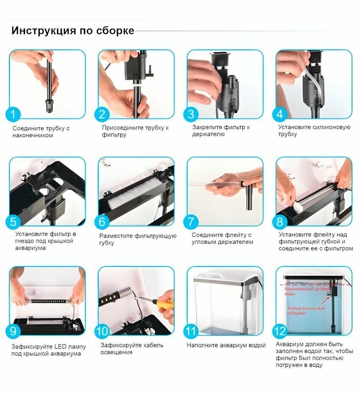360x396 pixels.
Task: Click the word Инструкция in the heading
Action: click(x=44, y=30)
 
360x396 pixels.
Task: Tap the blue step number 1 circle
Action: click(x=13, y=114)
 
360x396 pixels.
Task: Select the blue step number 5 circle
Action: click(x=13, y=222)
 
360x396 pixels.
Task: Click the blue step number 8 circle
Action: click(x=280, y=222)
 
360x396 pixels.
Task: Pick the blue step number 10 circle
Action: click(x=102, y=331)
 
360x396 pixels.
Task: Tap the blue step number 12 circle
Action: click(x=280, y=331)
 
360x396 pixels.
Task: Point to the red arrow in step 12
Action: click(x=326, y=300)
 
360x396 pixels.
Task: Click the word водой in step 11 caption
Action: click(x=257, y=345)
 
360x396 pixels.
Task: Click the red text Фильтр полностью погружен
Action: click(x=306, y=311)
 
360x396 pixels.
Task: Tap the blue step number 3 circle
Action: click(x=191, y=114)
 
